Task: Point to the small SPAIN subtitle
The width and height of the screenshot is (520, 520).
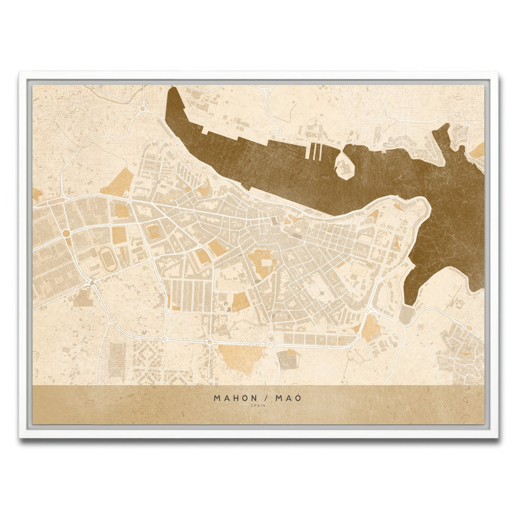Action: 259,406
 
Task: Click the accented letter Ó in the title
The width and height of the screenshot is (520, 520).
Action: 297,397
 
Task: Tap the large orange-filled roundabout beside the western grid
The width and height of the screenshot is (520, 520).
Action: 66,233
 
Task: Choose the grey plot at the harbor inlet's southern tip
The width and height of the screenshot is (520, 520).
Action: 407,314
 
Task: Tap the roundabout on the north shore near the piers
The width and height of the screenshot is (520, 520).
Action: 278,131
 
